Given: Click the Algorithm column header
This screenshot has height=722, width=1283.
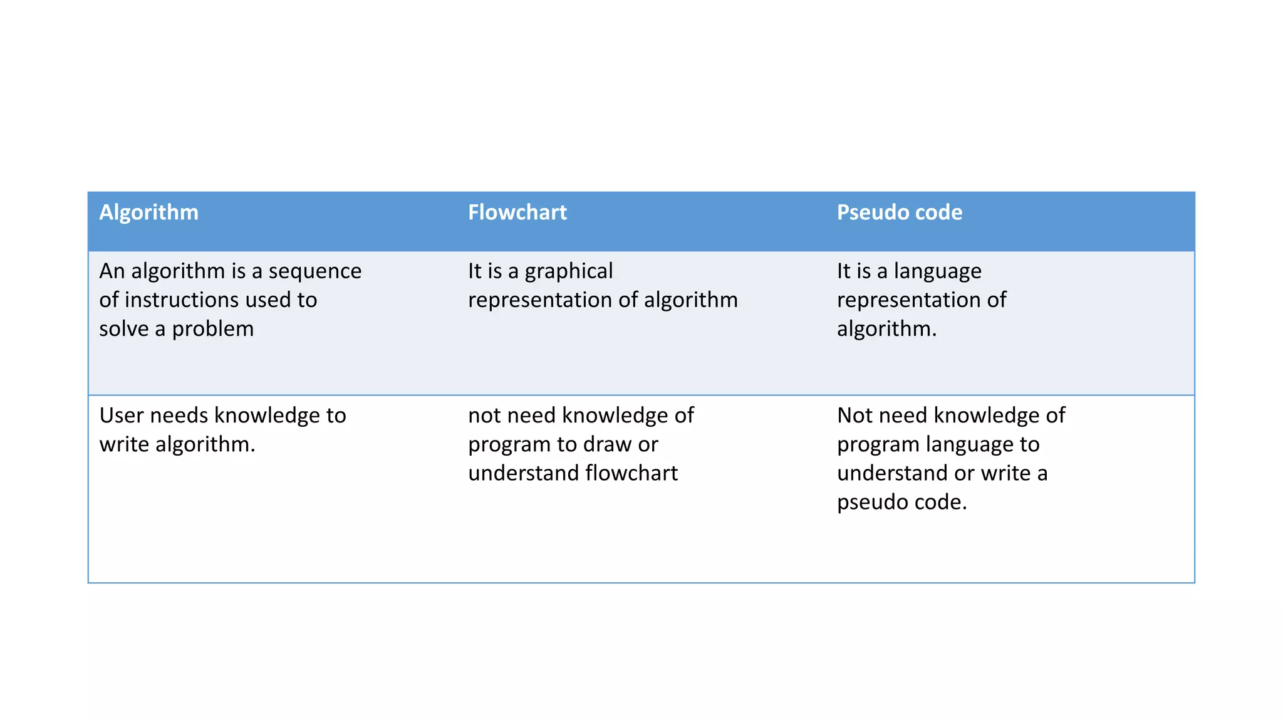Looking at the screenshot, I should [x=148, y=212].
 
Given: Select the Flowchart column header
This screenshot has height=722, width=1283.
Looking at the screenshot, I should [x=517, y=212].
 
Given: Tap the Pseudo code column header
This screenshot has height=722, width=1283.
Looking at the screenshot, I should [x=899, y=212].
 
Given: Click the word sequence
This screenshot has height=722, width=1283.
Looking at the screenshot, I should [x=314, y=271].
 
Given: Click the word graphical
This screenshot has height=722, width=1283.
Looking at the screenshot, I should [x=568, y=271].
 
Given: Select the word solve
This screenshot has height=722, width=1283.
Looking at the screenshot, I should [x=124, y=329].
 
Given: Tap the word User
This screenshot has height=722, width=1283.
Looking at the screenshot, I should [x=122, y=416].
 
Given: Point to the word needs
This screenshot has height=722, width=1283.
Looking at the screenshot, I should [x=179, y=416].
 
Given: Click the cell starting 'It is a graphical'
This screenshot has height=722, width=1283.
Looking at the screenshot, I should [x=602, y=286].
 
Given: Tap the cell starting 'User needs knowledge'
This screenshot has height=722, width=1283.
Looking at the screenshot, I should [x=222, y=430].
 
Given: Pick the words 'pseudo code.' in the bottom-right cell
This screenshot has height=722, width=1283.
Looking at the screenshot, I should [x=901, y=502].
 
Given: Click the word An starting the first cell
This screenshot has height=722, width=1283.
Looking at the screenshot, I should [x=112, y=271].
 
